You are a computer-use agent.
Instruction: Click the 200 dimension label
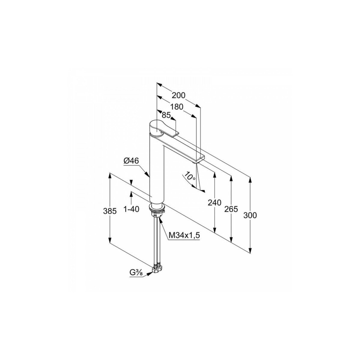178,95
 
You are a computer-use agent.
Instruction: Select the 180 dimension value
176,107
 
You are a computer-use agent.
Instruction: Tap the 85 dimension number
166,115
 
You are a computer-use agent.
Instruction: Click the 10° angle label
190,176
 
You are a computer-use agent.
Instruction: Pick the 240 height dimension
214,202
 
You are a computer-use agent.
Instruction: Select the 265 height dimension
231,209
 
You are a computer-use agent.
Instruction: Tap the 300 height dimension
250,215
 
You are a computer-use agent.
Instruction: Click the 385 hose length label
110,211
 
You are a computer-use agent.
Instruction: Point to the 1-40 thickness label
131,209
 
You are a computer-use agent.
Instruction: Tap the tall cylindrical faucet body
157,168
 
